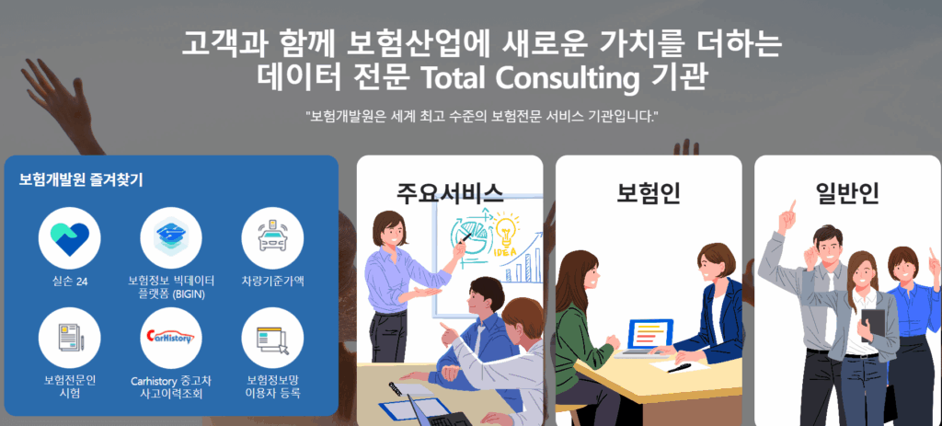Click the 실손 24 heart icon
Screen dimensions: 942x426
click(70, 238)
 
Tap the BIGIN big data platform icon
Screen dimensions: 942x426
click(171, 238)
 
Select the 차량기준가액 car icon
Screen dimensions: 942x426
click(272, 238)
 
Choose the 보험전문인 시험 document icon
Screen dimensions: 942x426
click(70, 339)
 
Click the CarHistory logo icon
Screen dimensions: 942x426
click(171, 339)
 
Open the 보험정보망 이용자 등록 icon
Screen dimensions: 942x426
click(272, 339)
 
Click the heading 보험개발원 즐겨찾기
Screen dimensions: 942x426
click(81, 179)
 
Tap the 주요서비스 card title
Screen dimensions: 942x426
click(449, 192)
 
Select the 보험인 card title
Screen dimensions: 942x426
click(649, 192)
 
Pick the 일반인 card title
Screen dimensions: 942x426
click(847, 192)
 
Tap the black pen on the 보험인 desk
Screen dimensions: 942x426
click(679, 367)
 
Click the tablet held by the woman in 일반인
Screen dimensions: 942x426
click(872, 326)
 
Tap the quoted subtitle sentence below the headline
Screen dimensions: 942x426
click(481, 115)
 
